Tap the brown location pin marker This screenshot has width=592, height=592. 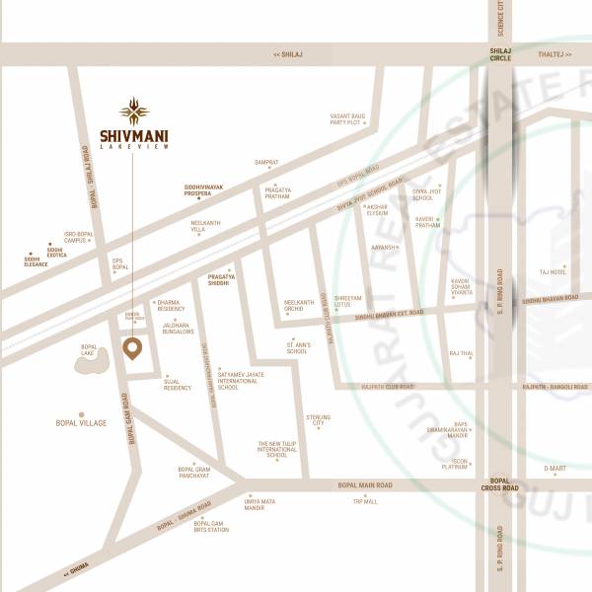(x=131, y=348)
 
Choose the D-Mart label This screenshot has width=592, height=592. (x=555, y=469)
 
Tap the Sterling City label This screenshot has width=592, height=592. (x=318, y=420)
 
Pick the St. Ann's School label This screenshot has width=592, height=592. (x=297, y=348)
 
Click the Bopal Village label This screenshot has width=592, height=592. (x=81, y=423)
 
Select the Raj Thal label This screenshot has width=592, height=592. (x=462, y=352)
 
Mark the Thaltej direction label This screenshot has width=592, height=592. (x=555, y=55)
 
